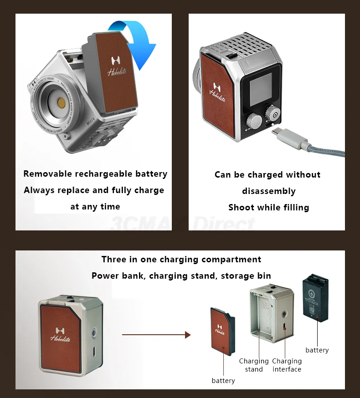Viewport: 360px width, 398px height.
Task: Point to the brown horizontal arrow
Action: pyautogui.click(x=156, y=335)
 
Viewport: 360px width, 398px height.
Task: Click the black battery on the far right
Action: pyautogui.click(x=315, y=298)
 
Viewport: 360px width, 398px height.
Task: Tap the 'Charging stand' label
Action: pyautogui.click(x=254, y=365)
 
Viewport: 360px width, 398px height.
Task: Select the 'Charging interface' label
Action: pyautogui.click(x=287, y=365)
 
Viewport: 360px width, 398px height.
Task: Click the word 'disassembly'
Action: pyautogui.click(x=269, y=191)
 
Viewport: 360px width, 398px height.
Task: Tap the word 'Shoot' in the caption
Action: pyautogui.click(x=241, y=208)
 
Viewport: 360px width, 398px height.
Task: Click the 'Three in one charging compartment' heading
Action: pyautogui.click(x=181, y=260)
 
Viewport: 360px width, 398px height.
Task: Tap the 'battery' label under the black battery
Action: pyautogui.click(x=317, y=350)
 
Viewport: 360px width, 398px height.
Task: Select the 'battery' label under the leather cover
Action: pyautogui.click(x=223, y=381)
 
